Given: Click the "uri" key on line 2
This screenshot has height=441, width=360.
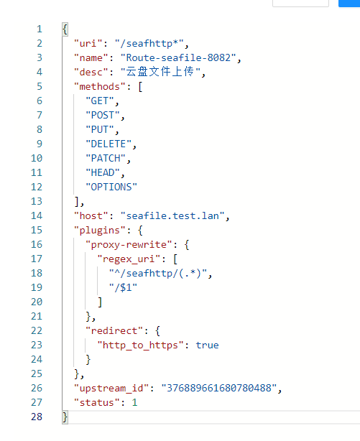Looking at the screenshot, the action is (88, 43).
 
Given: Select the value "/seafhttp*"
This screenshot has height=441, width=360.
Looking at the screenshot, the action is (149, 43).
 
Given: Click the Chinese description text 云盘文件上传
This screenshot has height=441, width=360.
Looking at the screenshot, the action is (160, 72).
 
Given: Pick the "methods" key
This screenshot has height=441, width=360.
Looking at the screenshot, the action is (100, 86).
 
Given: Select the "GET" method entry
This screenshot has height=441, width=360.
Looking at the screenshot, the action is (100, 101).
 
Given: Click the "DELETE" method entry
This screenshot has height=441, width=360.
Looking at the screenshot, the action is (109, 144).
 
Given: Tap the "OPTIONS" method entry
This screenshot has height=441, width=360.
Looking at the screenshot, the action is (111, 187).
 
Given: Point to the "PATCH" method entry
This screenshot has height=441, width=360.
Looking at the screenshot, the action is (106, 158).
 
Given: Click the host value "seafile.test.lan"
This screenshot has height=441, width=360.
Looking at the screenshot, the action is (172, 215).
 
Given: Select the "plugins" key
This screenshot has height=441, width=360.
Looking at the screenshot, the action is (100, 230).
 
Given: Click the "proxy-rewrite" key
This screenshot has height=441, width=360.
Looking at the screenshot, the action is (129, 244).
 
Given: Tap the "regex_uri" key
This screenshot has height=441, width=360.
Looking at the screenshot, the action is (129, 259).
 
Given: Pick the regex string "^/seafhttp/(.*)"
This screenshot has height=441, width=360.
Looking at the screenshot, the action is (158, 273).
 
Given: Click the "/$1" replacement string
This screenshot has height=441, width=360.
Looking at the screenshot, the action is (123, 287).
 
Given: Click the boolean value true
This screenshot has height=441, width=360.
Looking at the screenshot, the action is (207, 345).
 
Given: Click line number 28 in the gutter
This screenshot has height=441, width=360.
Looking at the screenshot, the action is (37, 417).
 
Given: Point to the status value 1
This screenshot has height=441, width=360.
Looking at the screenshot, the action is (134, 402).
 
